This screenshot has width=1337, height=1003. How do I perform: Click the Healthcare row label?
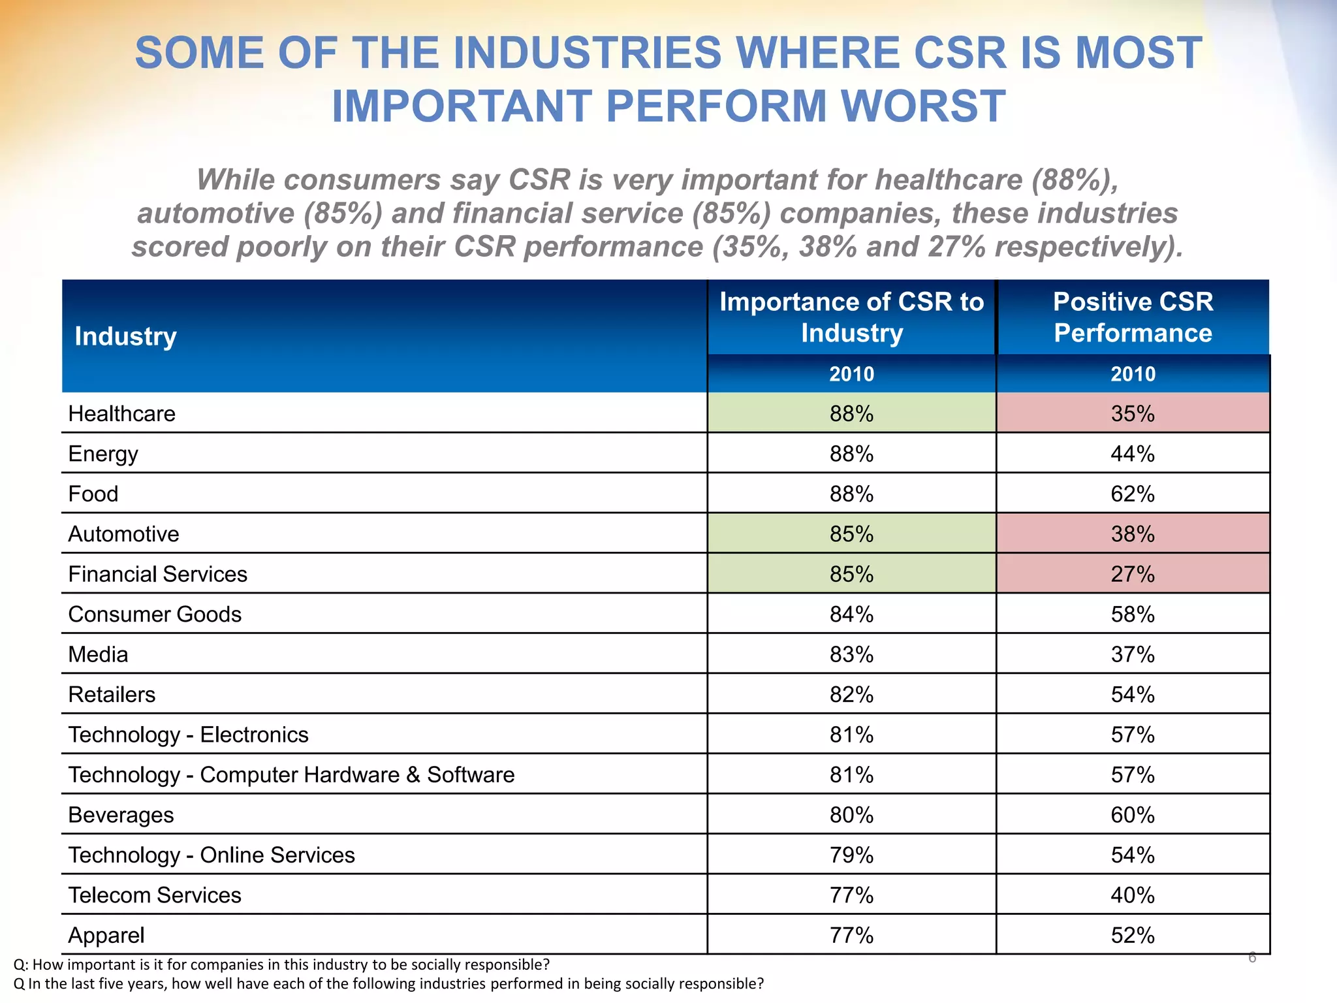point(121,413)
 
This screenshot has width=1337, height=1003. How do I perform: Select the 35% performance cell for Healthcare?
point(1133,413)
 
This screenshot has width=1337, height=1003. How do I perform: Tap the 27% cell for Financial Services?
point(1133,574)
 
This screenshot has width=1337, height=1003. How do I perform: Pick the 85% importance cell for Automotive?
point(851,534)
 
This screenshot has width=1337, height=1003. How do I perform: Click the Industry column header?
point(125,336)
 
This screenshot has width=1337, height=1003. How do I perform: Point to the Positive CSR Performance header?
point(1133,317)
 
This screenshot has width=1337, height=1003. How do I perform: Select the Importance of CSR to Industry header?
point(851,317)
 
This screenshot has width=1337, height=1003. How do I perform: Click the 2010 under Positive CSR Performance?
point(1133,374)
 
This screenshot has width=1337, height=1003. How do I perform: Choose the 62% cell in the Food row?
point(1133,494)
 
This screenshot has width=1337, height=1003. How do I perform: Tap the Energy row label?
point(103,454)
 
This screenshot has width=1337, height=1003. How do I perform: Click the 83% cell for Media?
point(851,654)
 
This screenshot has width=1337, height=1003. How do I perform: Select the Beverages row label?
point(121,815)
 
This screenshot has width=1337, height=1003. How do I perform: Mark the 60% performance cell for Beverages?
point(1133,815)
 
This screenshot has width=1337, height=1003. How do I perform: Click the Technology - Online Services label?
point(212,855)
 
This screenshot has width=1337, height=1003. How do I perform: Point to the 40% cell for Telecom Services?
point(1133,895)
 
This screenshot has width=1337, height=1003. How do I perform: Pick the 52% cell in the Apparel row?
point(1133,935)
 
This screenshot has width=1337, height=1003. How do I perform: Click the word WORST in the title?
point(923,106)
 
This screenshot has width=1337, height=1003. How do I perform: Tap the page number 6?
point(1251,957)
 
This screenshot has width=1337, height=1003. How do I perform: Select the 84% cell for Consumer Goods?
point(851,614)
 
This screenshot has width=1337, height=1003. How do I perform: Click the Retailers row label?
point(112,695)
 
